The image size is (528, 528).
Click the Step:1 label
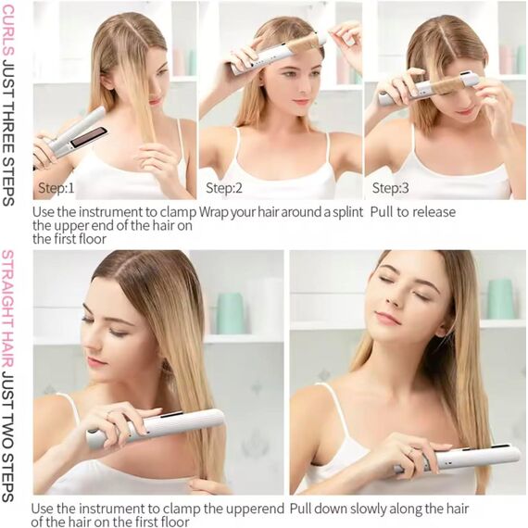tap(57, 187)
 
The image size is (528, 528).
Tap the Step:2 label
tap(224, 187)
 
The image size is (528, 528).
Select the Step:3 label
tap(390, 187)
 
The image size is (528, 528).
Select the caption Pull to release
tap(413, 212)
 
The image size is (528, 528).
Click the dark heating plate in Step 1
tap(89, 137)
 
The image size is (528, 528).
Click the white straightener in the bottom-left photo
tap(156, 428)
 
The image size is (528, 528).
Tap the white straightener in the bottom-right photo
tap(458, 458)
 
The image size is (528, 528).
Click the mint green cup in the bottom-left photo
tap(231, 313)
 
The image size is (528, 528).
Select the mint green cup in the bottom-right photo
tap(500, 298)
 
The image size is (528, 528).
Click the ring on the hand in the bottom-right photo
tap(409, 451)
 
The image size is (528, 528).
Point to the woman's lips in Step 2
tap(301, 101)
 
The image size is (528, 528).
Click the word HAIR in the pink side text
tap(8, 351)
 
